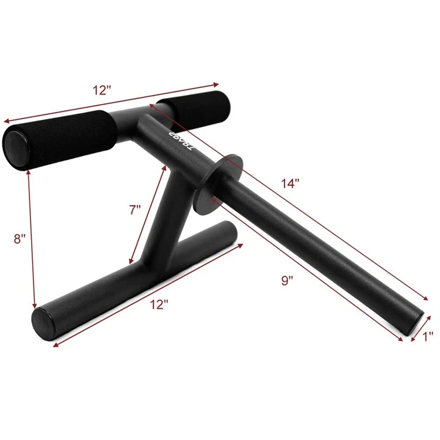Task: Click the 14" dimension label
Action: click(x=289, y=182)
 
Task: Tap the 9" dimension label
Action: click(x=287, y=280)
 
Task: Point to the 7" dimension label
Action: click(x=136, y=209)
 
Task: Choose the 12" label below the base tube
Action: click(x=158, y=304)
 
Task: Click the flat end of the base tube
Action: click(x=43, y=324)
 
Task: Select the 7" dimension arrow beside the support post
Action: click(x=148, y=214)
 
